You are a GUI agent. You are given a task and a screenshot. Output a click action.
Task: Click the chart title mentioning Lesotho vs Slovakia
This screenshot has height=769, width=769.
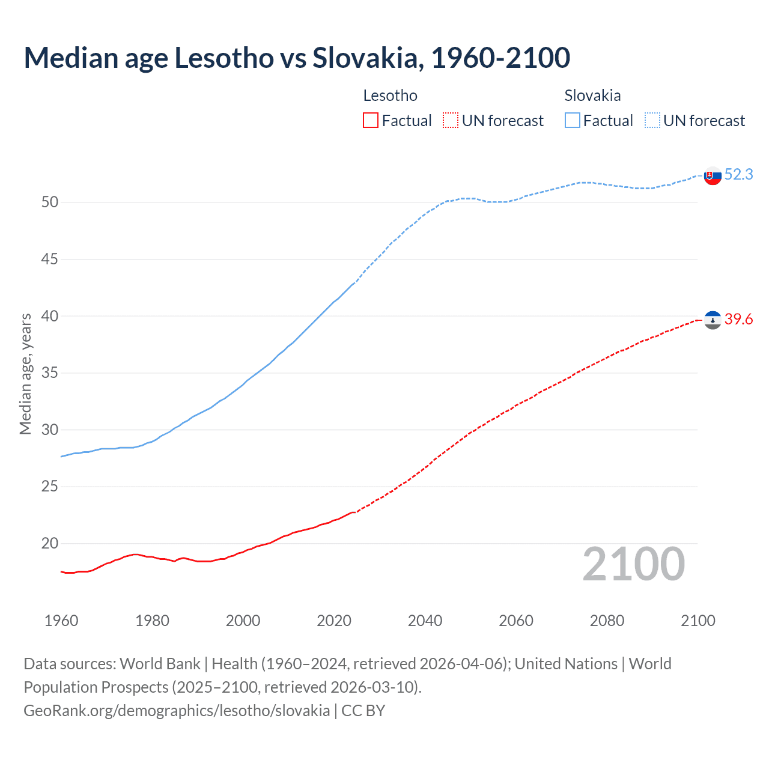[x=297, y=58]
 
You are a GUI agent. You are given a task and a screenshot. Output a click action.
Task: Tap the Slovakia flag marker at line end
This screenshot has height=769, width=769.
[x=713, y=176]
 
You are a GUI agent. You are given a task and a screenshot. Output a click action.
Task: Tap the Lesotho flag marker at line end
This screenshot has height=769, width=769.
[x=713, y=320]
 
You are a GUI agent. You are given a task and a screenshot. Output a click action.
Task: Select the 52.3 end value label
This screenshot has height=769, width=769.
[x=738, y=174]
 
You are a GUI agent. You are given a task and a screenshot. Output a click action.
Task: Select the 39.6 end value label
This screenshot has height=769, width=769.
[x=738, y=320]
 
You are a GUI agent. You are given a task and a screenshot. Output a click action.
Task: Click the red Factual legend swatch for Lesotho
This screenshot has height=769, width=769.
[x=371, y=121]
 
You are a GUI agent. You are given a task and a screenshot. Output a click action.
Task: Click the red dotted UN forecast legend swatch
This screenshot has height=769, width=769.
[x=451, y=121]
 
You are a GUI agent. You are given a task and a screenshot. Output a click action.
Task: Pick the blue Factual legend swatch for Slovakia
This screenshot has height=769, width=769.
[x=573, y=121]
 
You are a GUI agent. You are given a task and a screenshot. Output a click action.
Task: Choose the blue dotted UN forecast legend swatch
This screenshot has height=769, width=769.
[x=652, y=121]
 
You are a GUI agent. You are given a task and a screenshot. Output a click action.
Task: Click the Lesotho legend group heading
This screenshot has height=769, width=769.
[x=390, y=96]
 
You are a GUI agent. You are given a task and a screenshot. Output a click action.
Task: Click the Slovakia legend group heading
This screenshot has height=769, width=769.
[x=592, y=96]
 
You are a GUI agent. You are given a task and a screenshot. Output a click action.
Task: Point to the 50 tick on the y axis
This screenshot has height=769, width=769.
[x=50, y=202]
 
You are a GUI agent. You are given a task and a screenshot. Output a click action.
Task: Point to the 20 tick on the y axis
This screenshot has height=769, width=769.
[x=50, y=544]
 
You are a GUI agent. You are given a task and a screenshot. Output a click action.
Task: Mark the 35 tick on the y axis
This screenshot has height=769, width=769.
[x=50, y=373]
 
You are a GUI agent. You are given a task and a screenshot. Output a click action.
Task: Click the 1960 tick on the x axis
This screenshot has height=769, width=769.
[x=61, y=621]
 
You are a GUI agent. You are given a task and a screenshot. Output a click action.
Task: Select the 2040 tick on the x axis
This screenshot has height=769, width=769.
[x=425, y=621]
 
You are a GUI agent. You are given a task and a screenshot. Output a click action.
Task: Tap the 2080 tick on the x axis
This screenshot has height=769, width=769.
[x=607, y=621]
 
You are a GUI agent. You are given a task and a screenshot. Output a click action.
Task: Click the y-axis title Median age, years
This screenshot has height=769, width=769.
[x=25, y=374]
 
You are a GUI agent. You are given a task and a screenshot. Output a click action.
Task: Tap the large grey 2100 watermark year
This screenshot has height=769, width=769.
[x=633, y=564]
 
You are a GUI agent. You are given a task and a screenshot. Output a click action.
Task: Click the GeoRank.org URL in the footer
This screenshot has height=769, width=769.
[x=177, y=711]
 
